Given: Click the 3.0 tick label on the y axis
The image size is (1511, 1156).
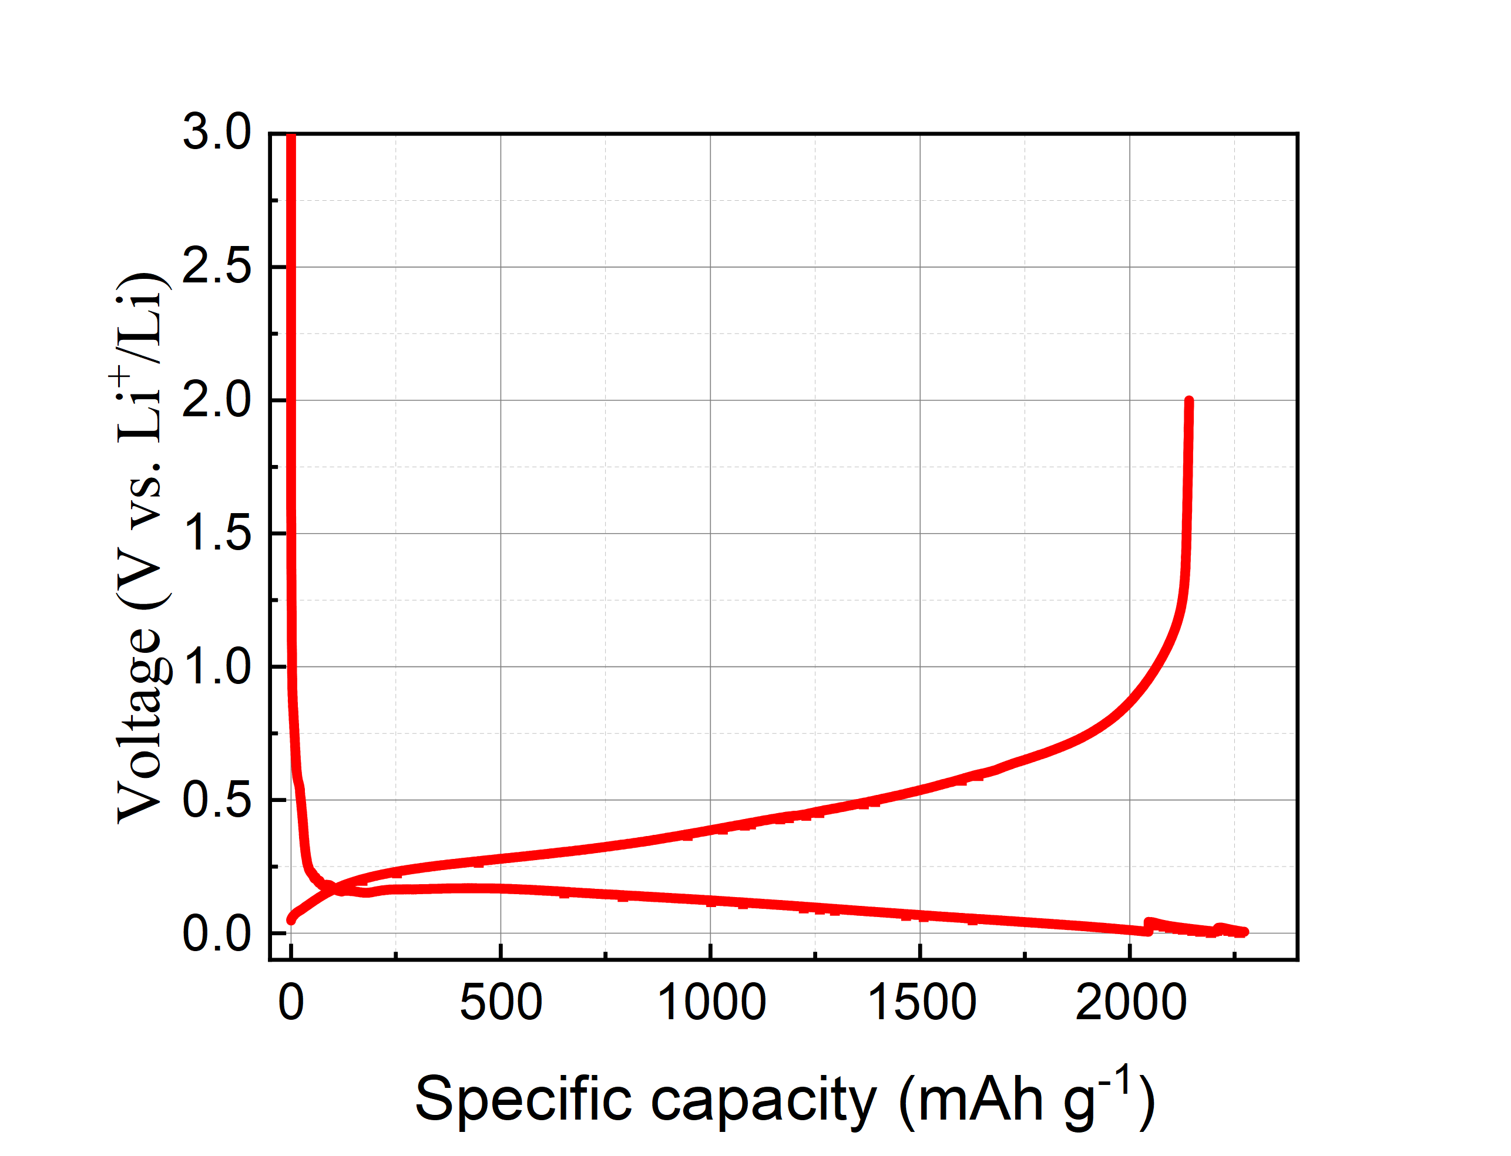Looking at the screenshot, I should click(x=216, y=132).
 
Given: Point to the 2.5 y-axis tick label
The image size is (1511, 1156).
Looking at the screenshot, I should click(x=216, y=267).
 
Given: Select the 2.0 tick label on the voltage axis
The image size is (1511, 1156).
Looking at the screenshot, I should click(x=216, y=400).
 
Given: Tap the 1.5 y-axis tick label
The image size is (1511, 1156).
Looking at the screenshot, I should click(x=216, y=533).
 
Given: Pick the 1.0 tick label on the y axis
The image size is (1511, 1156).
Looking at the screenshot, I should click(x=216, y=667).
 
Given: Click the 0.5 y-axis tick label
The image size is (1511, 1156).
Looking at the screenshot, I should click(x=216, y=800).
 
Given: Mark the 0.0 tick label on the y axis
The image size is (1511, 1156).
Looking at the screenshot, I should click(x=216, y=933).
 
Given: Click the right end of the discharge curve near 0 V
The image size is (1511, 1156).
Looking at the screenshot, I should click(x=1244, y=932).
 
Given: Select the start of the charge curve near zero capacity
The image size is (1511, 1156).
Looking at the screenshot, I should click(x=291, y=920).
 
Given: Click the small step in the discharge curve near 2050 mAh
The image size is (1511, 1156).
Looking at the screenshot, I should click(x=1148, y=924).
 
